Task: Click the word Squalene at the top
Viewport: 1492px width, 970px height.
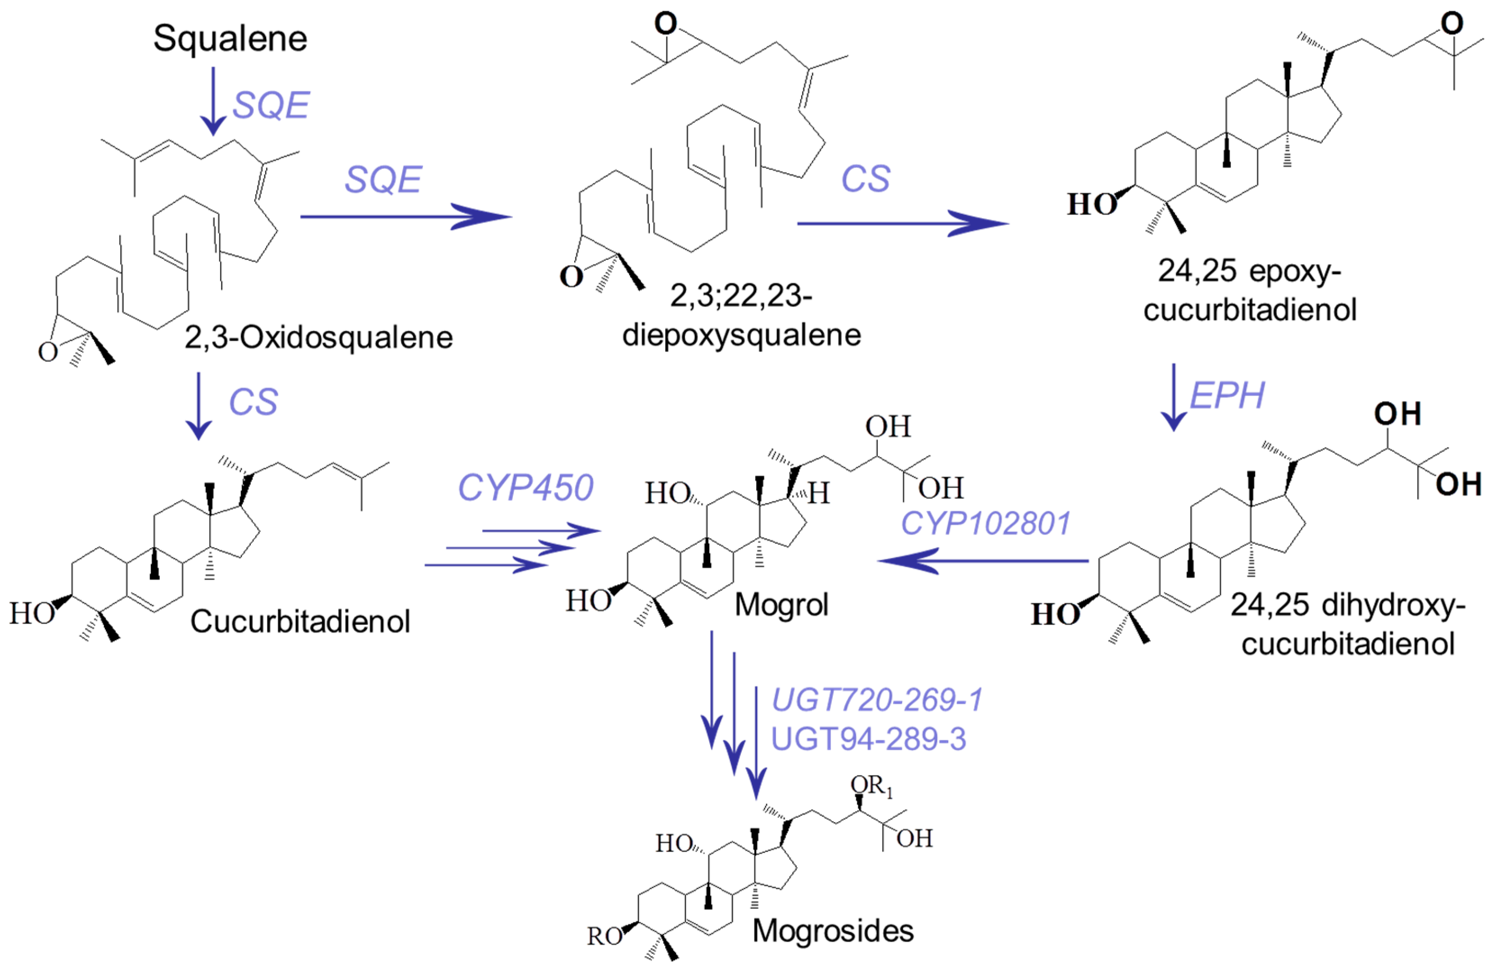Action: point(230,39)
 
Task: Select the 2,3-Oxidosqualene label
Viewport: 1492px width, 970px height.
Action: point(318,337)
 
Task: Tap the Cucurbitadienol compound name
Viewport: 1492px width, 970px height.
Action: point(300,621)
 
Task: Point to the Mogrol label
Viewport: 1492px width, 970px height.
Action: point(781,605)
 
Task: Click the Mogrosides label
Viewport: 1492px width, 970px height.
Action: point(833,930)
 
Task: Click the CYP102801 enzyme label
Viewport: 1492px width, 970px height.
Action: point(985,524)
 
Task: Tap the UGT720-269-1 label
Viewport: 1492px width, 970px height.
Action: point(877,700)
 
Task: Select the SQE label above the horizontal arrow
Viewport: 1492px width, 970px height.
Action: point(384,180)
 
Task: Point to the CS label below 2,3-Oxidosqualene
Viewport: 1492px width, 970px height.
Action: point(253,402)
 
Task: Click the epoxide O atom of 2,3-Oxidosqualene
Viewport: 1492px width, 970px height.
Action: point(48,352)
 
